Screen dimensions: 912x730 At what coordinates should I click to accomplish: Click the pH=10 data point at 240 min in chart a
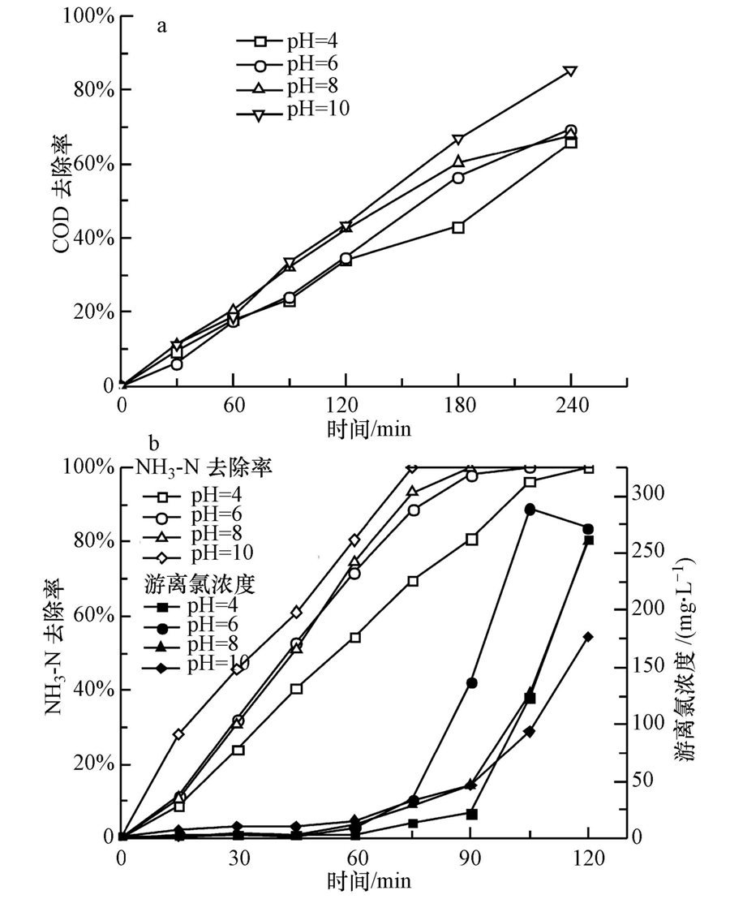click(570, 71)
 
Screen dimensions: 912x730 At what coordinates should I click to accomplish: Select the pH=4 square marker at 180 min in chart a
click(458, 228)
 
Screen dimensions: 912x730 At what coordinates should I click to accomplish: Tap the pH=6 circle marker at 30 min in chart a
click(177, 364)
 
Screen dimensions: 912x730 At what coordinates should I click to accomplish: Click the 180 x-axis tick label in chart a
click(458, 404)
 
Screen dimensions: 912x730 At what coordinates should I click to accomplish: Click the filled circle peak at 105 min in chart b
click(530, 510)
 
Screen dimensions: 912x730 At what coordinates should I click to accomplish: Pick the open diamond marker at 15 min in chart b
click(178, 734)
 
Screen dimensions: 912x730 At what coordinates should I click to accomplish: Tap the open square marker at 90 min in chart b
click(472, 540)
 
